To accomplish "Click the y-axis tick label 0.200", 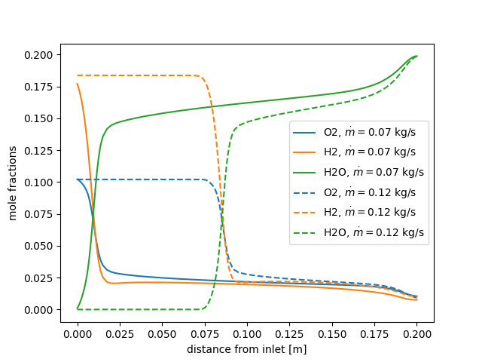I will point(42,55).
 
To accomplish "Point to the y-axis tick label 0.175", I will point(42,87).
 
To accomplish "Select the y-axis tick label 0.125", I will point(42,151).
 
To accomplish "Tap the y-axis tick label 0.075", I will point(42,214).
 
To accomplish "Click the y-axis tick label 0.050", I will point(42,246).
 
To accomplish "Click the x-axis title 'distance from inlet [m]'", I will point(247,349).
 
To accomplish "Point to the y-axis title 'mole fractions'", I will point(14,182).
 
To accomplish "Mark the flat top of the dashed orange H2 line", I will point(136,75).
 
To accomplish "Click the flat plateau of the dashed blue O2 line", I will point(136,179).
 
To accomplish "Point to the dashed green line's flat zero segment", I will point(136,309).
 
